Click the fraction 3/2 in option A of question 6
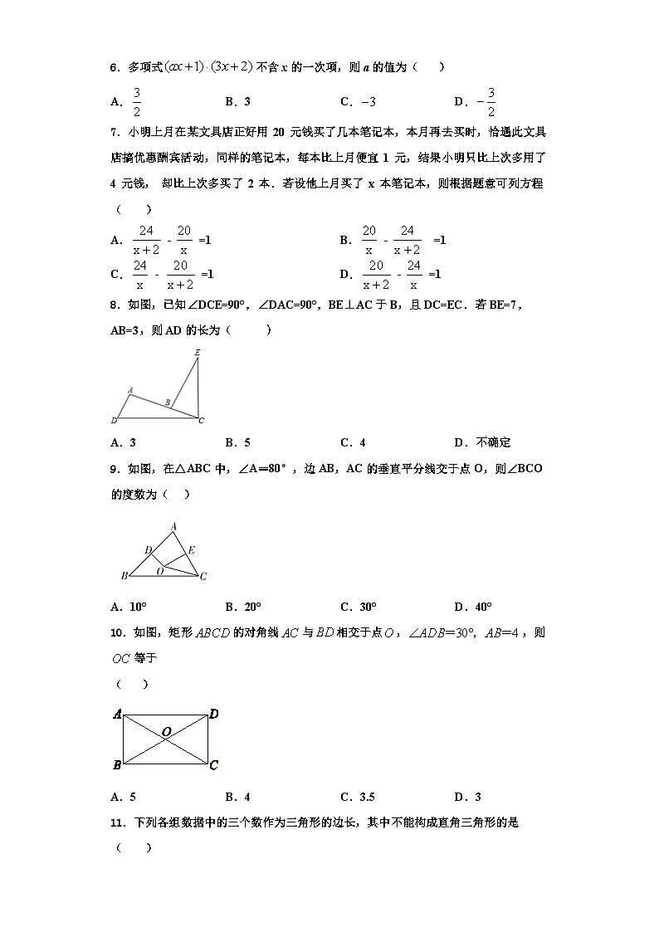click(137, 102)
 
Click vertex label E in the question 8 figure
click(197, 353)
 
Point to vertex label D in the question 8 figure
click(114, 420)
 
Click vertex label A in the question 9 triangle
click(173, 526)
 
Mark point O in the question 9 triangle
click(159, 571)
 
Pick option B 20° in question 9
click(242, 607)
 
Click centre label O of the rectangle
click(166, 731)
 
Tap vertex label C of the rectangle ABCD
click(213, 765)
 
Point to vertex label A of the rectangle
click(118, 714)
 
